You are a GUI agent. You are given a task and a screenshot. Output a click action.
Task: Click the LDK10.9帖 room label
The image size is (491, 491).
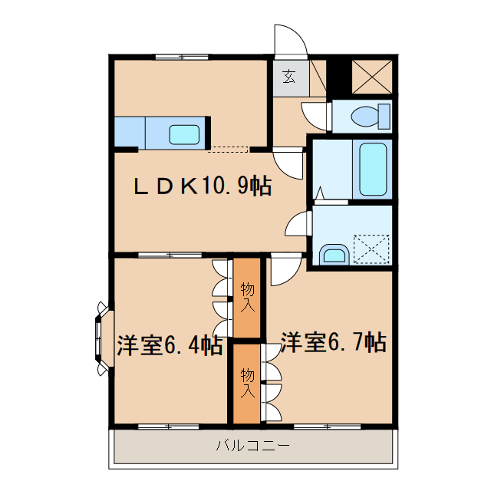pos(202,186)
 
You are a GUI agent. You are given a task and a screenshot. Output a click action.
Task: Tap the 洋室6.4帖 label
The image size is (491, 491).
pos(170,345)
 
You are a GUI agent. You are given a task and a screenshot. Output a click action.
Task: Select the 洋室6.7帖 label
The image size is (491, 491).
pos(332,341)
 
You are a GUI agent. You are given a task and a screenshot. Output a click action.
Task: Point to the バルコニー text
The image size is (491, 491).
pos(252,445)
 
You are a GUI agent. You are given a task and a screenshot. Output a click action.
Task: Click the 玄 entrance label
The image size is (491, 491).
pos(288,76)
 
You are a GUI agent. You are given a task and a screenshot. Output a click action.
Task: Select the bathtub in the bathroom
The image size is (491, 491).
pos(373,168)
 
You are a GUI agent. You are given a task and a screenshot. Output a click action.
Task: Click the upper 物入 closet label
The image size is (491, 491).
pos(248,296)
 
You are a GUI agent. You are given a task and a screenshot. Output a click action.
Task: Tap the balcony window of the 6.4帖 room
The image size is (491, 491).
pos(168,425)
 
